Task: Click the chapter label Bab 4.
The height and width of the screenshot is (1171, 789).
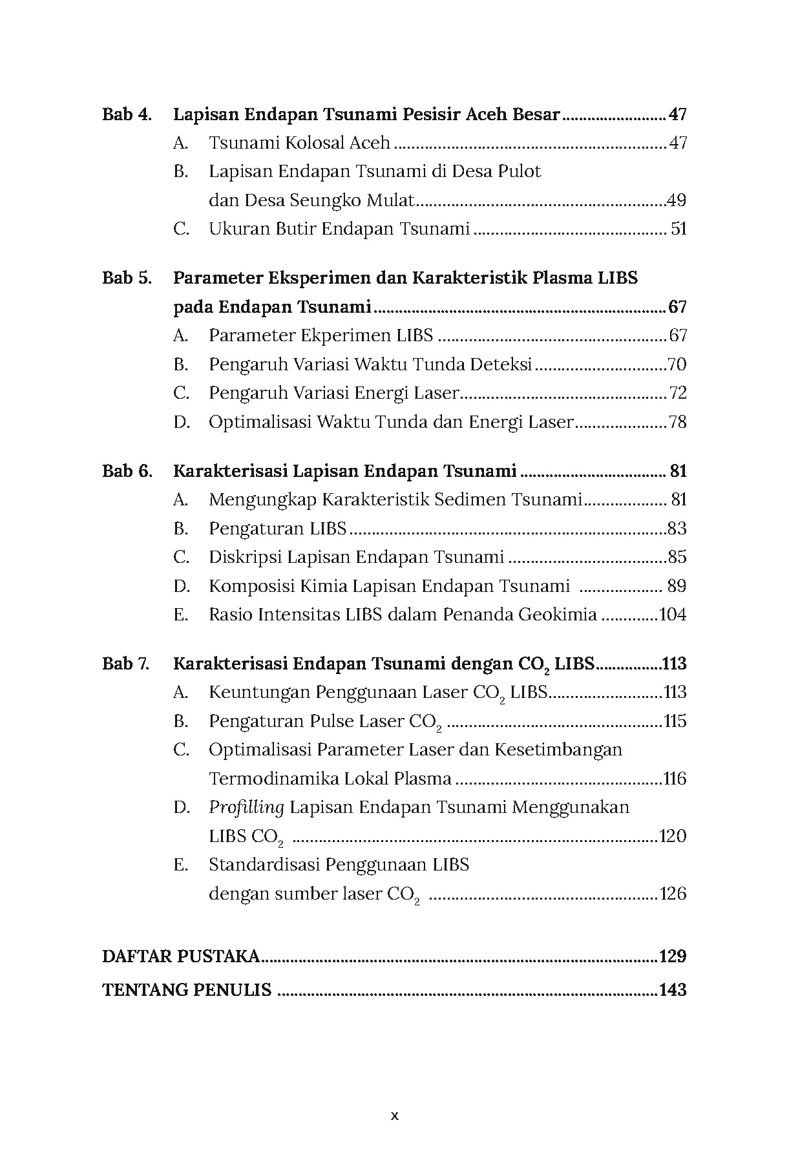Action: [127, 115]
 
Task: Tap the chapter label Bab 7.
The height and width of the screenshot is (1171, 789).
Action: [125, 664]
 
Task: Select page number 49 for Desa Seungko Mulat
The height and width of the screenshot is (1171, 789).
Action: [677, 200]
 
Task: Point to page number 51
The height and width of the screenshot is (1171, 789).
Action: [679, 229]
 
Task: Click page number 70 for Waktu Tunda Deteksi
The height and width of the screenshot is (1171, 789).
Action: [677, 364]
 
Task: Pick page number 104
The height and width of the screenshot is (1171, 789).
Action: [673, 615]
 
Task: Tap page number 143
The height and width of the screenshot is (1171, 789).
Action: [673, 990]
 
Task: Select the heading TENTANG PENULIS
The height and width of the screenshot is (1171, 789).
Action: [187, 990]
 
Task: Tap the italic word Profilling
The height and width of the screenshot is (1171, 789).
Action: [246, 808]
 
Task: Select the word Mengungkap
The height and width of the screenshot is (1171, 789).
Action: [262, 500]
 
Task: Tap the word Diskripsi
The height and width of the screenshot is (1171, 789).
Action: [245, 557]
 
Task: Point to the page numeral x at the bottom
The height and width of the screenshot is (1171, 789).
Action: [395, 1115]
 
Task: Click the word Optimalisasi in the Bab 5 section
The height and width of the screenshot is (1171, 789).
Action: [259, 422]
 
